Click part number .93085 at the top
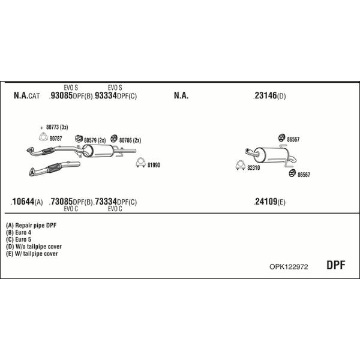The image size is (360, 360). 61,95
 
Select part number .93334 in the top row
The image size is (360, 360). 105,95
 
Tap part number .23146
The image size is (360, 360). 265,95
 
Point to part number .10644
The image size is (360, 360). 23,202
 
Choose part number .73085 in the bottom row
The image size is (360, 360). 61,202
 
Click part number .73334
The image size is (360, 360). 105,202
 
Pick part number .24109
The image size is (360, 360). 265,202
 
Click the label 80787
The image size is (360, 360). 56,139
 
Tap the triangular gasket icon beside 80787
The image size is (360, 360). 43,137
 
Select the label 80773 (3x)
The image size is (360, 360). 57,127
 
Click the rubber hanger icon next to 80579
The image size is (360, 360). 79,139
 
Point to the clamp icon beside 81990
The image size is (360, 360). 140,163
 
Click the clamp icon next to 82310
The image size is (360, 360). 241,166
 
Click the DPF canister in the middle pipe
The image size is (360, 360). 98,151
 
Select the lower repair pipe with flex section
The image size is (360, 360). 55,168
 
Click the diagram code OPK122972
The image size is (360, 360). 289,267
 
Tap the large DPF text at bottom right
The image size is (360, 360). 335,265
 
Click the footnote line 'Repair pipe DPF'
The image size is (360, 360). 31,226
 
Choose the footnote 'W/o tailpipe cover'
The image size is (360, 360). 34,247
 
